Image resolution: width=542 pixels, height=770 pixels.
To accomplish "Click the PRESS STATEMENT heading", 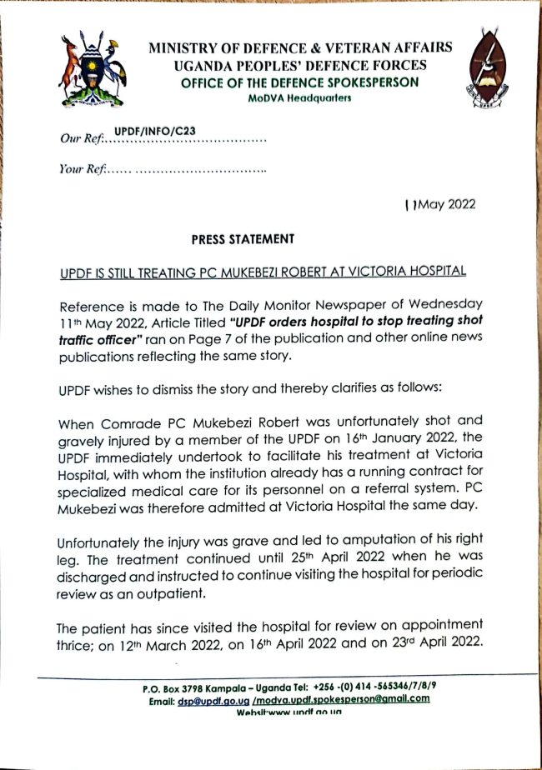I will (x=243, y=239).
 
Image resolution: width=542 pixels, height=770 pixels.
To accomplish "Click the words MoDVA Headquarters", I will (x=299, y=98).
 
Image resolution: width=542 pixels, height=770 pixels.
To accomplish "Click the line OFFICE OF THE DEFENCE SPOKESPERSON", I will (x=299, y=83).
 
